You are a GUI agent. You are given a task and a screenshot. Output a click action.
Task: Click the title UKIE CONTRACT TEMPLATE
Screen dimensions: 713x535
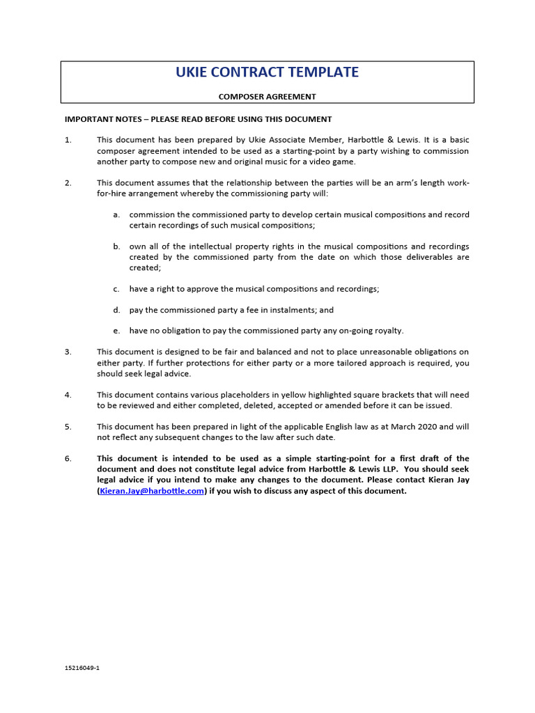click(267, 72)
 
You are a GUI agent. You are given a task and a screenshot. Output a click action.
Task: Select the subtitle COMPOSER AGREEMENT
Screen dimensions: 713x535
click(267, 97)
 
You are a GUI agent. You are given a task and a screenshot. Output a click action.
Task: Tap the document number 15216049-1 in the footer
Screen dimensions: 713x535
click(82, 668)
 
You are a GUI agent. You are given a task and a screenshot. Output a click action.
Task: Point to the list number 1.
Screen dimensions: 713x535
click(68, 140)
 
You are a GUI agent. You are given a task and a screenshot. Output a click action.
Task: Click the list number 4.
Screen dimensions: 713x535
click(68, 395)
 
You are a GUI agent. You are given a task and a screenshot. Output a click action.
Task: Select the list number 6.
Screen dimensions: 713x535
click(68, 458)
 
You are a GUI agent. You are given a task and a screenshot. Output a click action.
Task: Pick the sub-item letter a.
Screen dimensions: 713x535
click(117, 214)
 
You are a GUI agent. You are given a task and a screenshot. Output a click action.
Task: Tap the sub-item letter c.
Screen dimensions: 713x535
click(116, 289)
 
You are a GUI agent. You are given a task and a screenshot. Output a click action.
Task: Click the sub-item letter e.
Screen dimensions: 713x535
click(117, 331)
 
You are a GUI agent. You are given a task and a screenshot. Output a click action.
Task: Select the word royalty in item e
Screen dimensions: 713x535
click(387, 331)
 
